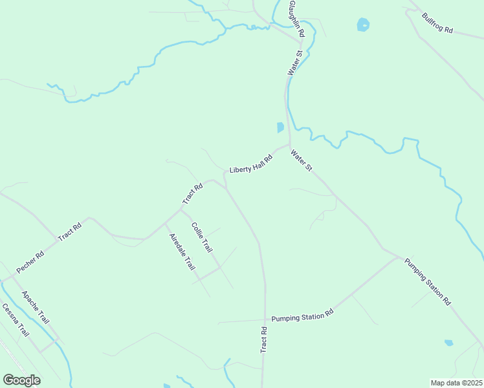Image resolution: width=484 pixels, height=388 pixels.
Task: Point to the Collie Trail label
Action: (x=202, y=237)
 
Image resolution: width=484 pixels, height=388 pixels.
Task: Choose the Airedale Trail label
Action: (x=182, y=251)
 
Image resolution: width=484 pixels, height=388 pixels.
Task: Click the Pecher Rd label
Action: (x=30, y=261)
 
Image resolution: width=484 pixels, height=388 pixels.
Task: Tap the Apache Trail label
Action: (x=36, y=308)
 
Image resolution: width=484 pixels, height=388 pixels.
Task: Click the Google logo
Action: (x=21, y=380)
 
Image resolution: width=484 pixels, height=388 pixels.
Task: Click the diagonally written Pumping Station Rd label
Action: (x=428, y=281)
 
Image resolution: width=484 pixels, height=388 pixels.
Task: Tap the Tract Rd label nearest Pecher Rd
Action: (x=69, y=232)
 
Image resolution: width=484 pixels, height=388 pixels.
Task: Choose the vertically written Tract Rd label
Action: (x=264, y=339)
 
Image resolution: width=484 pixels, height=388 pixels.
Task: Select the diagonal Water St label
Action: (x=302, y=160)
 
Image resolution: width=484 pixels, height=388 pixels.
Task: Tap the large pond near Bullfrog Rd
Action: (x=362, y=25)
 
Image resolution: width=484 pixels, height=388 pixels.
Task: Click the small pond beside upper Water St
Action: (x=280, y=127)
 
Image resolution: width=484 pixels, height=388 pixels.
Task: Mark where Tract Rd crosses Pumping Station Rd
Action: (x=265, y=319)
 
